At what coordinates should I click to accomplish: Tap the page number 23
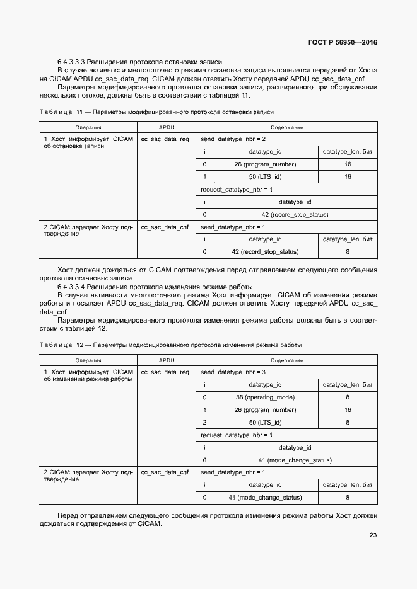pos(373,535)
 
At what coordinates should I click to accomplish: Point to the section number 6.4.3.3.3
pos(71,62)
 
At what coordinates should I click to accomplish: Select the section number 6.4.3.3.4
pos(71,287)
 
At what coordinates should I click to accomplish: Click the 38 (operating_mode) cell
pos(265,397)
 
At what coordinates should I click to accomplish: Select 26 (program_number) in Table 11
pos(265,164)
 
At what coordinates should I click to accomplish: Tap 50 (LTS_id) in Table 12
pos(265,423)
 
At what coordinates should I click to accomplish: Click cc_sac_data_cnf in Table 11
pos(165,227)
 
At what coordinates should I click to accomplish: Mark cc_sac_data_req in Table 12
pos(165,372)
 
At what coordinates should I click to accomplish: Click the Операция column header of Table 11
pos(88,127)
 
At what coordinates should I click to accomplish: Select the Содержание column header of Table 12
pos(287,361)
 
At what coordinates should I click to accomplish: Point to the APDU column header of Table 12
pos(167,361)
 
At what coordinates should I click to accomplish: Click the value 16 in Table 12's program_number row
pos(348,410)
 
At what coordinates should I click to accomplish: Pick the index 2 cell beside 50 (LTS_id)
pos(205,423)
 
